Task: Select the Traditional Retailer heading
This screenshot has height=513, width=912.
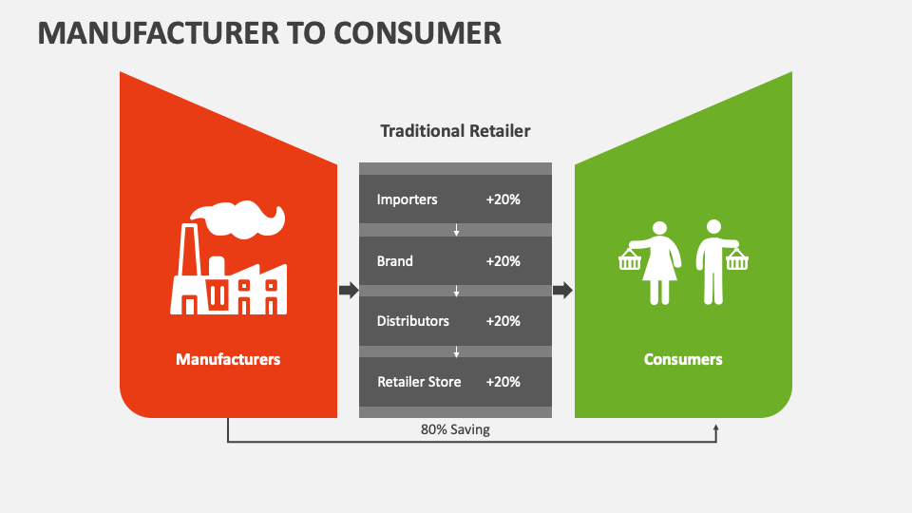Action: tap(455, 131)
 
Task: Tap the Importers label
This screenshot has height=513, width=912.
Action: tap(408, 199)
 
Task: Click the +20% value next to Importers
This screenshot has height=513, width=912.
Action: tap(503, 199)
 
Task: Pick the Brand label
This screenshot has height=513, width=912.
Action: tap(395, 260)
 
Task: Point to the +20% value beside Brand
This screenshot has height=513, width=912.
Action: tap(503, 260)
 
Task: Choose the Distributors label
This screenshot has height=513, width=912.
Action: tap(413, 321)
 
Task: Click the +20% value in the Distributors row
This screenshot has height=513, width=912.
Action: tap(503, 321)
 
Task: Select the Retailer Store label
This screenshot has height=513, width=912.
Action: tap(419, 382)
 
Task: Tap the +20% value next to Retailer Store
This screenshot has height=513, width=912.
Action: tap(503, 382)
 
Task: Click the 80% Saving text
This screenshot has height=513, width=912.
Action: tap(455, 429)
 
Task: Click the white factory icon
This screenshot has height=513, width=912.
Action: tap(228, 275)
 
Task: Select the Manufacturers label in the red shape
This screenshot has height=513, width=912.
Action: tap(228, 359)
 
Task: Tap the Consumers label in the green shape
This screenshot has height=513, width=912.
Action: tap(683, 359)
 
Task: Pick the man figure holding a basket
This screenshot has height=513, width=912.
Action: tap(713, 262)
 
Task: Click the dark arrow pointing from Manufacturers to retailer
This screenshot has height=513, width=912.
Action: tap(349, 290)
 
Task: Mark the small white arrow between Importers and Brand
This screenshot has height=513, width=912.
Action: tap(456, 230)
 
